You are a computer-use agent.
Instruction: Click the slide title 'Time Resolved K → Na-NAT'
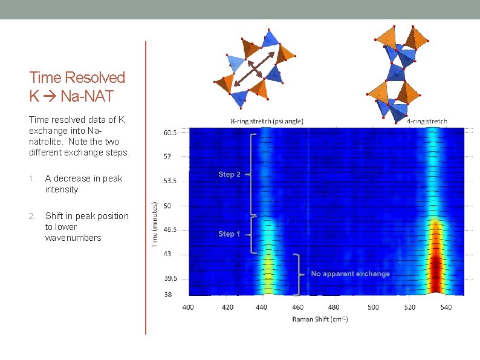pyautogui.click(x=77, y=86)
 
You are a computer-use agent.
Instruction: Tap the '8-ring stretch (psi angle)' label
pyautogui.click(x=267, y=121)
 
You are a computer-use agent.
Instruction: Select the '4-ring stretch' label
pyautogui.click(x=427, y=121)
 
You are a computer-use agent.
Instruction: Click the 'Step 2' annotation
pyautogui.click(x=229, y=174)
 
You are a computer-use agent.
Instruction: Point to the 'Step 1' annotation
pyautogui.click(x=229, y=234)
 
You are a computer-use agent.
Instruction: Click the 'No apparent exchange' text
pyautogui.click(x=350, y=273)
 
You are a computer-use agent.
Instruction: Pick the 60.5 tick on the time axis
pyautogui.click(x=170, y=133)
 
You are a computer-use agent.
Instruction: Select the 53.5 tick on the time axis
pyautogui.click(x=170, y=181)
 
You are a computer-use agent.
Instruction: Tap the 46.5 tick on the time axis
pyautogui.click(x=170, y=230)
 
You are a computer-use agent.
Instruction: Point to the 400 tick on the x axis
pyautogui.click(x=188, y=307)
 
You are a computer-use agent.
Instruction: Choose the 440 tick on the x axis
pyautogui.click(x=261, y=307)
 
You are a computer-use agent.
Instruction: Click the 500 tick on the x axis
pyautogui.click(x=372, y=307)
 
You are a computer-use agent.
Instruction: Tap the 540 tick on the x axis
pyautogui.click(x=446, y=307)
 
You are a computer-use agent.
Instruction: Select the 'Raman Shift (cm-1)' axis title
pyautogui.click(x=320, y=319)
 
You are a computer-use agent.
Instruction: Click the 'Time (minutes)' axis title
pyautogui.click(x=155, y=224)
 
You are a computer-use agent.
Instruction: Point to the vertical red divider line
pyautogui.click(x=146, y=188)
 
